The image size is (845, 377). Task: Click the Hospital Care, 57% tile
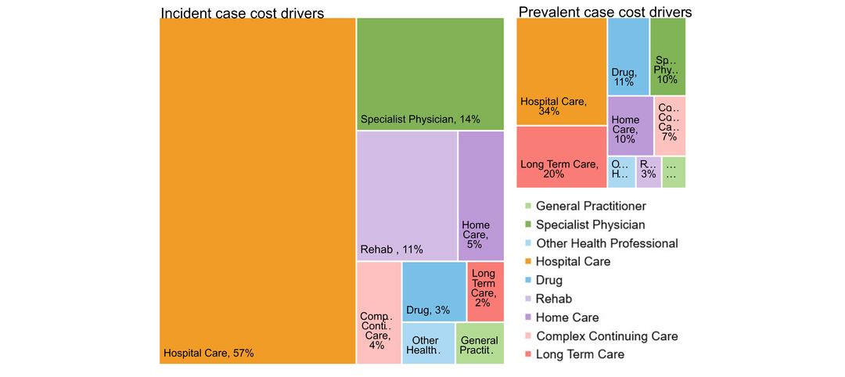(x=257, y=191)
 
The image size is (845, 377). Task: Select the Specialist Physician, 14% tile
(x=430, y=74)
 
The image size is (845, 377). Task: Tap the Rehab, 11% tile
(x=406, y=196)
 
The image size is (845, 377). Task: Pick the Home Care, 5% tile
(x=480, y=196)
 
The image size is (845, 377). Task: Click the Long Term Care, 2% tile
(x=485, y=292)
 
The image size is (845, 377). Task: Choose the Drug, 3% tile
(x=433, y=292)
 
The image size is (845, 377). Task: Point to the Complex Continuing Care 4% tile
(x=379, y=313)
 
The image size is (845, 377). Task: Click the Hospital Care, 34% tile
(x=561, y=71)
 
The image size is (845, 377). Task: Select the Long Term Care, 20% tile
(x=561, y=157)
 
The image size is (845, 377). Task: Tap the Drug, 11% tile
(x=627, y=56)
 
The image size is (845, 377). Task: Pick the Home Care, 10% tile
(x=630, y=125)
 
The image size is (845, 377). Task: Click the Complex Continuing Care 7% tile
(x=670, y=125)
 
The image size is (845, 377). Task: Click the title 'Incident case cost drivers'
(x=243, y=13)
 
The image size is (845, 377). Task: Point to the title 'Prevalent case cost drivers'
(x=605, y=12)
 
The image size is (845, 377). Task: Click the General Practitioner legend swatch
(x=528, y=206)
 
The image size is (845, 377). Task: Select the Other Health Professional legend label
(x=606, y=243)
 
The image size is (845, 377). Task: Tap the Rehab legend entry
(x=553, y=299)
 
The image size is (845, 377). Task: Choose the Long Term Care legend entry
(x=580, y=354)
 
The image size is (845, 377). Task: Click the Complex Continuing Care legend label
(x=606, y=336)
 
